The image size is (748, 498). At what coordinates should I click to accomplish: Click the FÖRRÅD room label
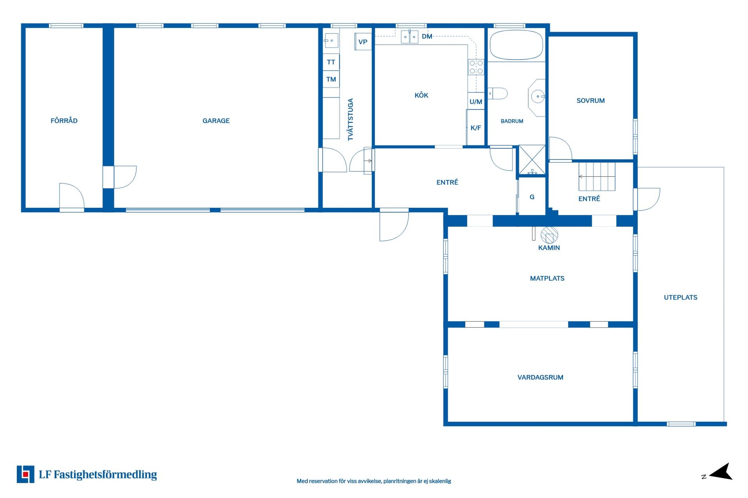coord(64,121)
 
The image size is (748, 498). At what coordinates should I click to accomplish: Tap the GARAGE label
coord(216,121)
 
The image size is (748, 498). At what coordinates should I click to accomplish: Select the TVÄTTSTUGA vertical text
coord(351,119)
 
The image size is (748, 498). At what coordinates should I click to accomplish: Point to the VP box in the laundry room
coord(363,42)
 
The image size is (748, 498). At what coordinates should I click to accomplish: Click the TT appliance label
coord(331,62)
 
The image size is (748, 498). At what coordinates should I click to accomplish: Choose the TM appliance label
coord(331,79)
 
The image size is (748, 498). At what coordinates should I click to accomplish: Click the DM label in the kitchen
coord(427,37)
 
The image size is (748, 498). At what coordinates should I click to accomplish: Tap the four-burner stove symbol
coord(476,67)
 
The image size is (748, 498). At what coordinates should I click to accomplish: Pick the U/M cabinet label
coord(476,102)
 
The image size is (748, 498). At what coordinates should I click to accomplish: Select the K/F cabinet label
coord(476,128)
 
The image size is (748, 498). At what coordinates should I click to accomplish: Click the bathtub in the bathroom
coord(516,45)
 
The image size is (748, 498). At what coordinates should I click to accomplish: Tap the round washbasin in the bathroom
coord(538,96)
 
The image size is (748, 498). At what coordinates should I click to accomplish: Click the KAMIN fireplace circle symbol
coord(549,235)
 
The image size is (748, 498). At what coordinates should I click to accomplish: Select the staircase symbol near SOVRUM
coord(596,177)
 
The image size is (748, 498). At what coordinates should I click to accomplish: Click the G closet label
coord(532,197)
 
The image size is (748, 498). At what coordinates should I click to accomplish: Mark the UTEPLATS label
coord(680,298)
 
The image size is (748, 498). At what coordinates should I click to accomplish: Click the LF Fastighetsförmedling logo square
coord(25,474)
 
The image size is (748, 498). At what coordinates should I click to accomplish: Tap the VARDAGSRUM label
coord(540,377)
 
